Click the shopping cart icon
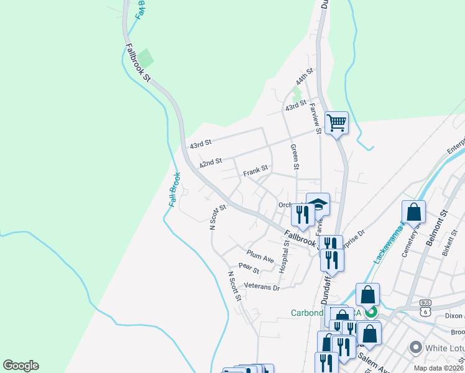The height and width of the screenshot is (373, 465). pos(336,122)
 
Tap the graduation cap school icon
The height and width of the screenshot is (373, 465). pos(318,205)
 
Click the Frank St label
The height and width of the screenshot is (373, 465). pos(255,168)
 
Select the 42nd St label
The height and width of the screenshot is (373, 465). pos(211,163)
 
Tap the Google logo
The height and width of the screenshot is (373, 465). pos(21,366)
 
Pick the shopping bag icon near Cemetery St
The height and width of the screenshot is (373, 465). pos(413,213)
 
